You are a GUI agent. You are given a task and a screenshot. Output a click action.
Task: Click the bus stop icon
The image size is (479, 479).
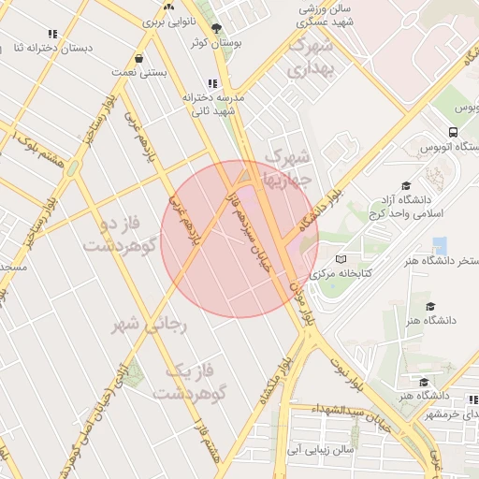coord(453,133)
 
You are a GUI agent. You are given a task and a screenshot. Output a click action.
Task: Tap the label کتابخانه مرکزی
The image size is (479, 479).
coord(348,273)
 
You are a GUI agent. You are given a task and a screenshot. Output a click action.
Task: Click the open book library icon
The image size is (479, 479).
coord(341,259)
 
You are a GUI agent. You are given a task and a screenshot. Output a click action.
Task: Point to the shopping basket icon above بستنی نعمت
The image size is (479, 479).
coord(138,57)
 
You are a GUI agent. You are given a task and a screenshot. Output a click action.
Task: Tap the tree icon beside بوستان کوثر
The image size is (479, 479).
coord(218,29)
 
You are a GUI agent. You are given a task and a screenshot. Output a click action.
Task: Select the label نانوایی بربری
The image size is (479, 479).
coord(168,20)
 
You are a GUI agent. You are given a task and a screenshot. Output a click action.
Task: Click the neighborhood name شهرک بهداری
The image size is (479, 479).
coord(311,56)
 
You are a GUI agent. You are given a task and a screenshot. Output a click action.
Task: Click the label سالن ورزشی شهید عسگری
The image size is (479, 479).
coord(324,13)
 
